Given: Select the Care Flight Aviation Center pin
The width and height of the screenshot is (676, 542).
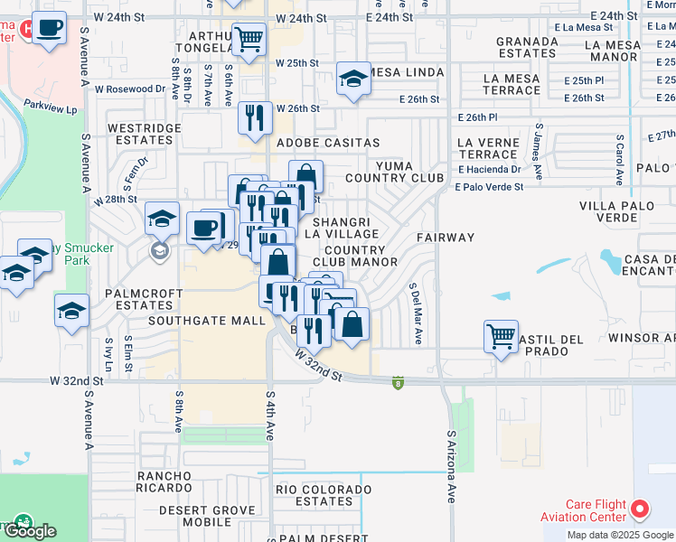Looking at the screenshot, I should [641, 509].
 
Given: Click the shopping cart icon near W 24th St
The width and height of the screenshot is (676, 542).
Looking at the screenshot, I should [249, 40].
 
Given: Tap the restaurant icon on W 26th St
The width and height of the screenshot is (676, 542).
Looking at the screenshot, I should [255, 117].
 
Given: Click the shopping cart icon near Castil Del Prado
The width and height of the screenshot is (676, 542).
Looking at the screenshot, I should [501, 337].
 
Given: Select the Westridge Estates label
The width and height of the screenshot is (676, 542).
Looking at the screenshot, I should [145, 135].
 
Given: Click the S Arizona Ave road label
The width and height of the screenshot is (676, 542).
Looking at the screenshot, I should [451, 466].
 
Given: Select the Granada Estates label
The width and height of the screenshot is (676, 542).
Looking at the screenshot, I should [526, 47].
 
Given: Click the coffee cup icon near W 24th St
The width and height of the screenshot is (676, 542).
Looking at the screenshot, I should [50, 27].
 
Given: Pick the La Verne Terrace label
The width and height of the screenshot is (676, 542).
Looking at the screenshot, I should [488, 148].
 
